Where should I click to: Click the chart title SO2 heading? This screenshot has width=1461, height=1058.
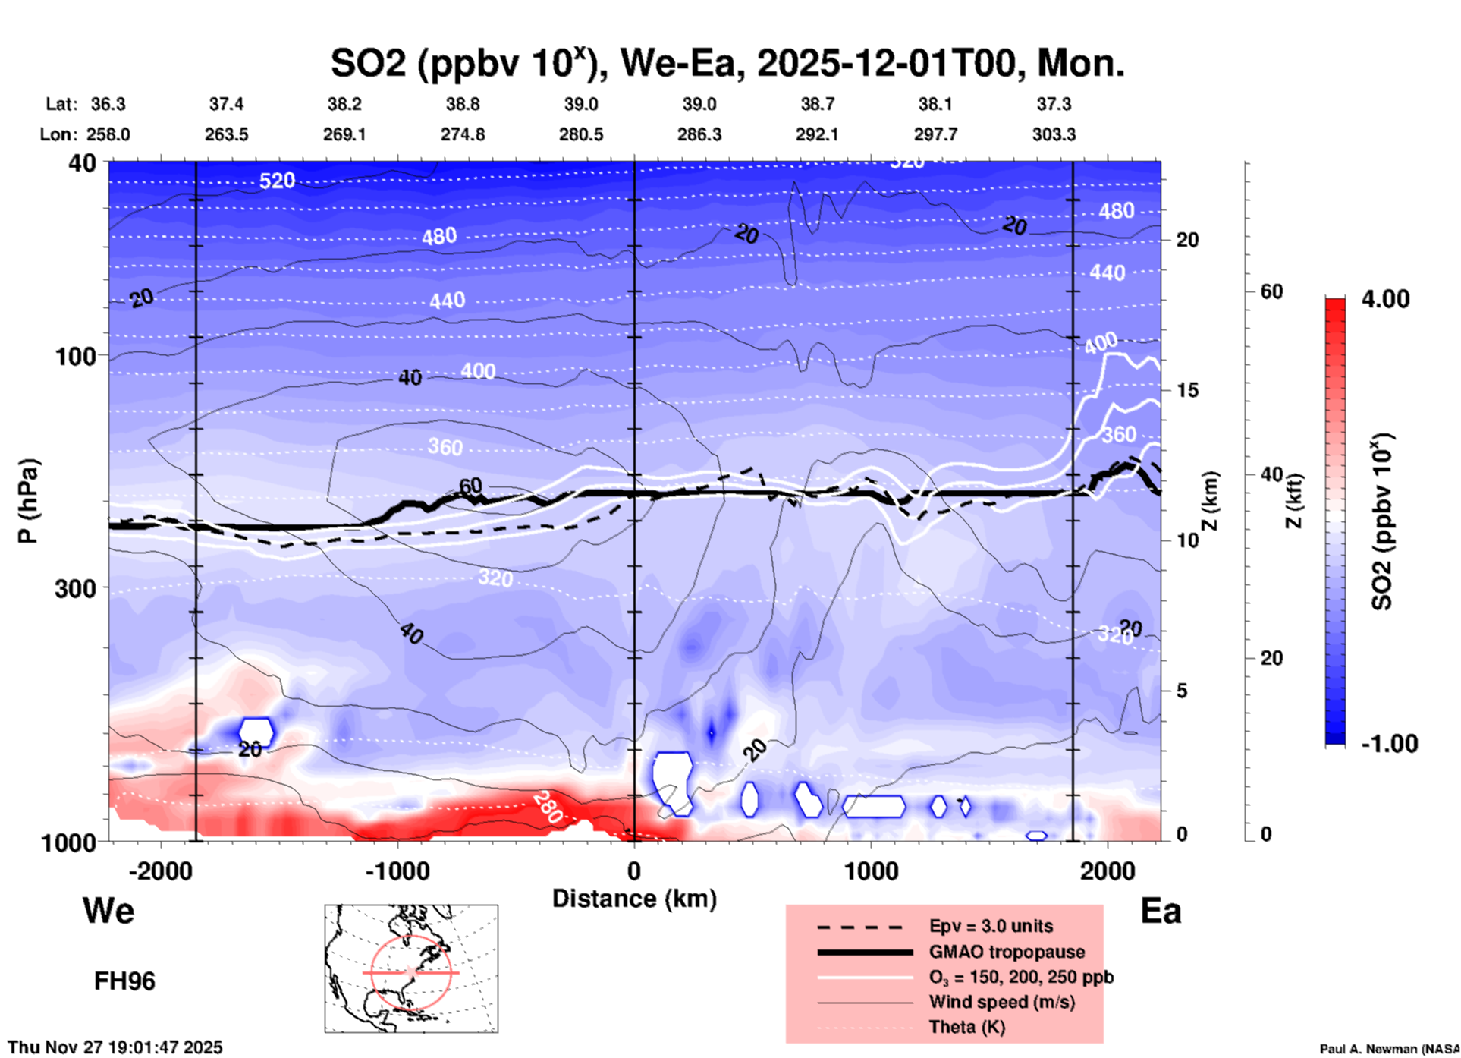pos(727,64)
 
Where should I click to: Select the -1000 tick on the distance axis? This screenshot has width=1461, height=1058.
pos(397,871)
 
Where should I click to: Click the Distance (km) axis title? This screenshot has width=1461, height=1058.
pos(634,899)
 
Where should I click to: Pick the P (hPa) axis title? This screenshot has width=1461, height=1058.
pos(28,501)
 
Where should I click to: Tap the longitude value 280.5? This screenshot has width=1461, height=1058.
pos(581,134)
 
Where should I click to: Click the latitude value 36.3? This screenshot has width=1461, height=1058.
pos(108,104)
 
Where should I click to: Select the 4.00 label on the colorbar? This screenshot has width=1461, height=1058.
pos(1385,299)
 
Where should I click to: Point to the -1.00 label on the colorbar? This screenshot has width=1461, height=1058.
pos(1389,744)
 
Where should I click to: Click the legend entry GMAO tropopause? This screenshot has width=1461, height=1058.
pos(1006,952)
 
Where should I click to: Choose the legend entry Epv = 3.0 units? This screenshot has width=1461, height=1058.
pos(990,927)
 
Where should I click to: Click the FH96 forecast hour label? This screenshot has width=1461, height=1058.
pos(124,981)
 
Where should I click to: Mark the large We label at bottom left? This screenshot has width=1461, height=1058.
pos(108,911)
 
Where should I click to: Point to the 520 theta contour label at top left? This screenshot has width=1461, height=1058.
pos(277,181)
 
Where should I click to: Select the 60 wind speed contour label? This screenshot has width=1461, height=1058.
pos(470,486)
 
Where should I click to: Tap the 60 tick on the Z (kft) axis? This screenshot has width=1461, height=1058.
pos(1271,291)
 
